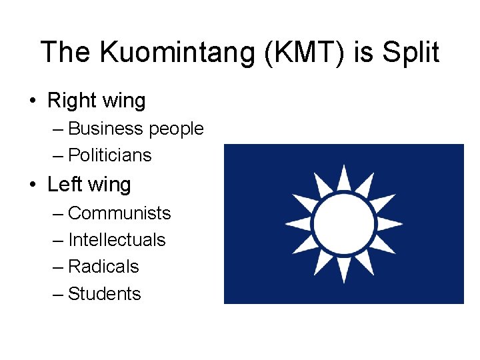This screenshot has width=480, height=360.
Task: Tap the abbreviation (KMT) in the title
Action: tap(303, 52)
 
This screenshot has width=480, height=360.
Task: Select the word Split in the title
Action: tap(409, 52)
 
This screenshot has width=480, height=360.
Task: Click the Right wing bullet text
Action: tap(96, 101)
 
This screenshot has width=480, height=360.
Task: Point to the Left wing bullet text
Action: tap(89, 185)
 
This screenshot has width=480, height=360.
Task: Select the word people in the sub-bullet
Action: tap(176, 129)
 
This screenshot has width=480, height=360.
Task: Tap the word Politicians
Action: tap(110, 155)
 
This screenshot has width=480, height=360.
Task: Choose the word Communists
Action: tap(119, 213)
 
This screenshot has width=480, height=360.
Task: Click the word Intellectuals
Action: tap(117, 240)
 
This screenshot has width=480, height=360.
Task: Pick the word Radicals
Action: tap(103, 267)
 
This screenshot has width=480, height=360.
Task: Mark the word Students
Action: tap(105, 294)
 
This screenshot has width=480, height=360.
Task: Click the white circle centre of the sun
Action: tap(343, 224)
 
